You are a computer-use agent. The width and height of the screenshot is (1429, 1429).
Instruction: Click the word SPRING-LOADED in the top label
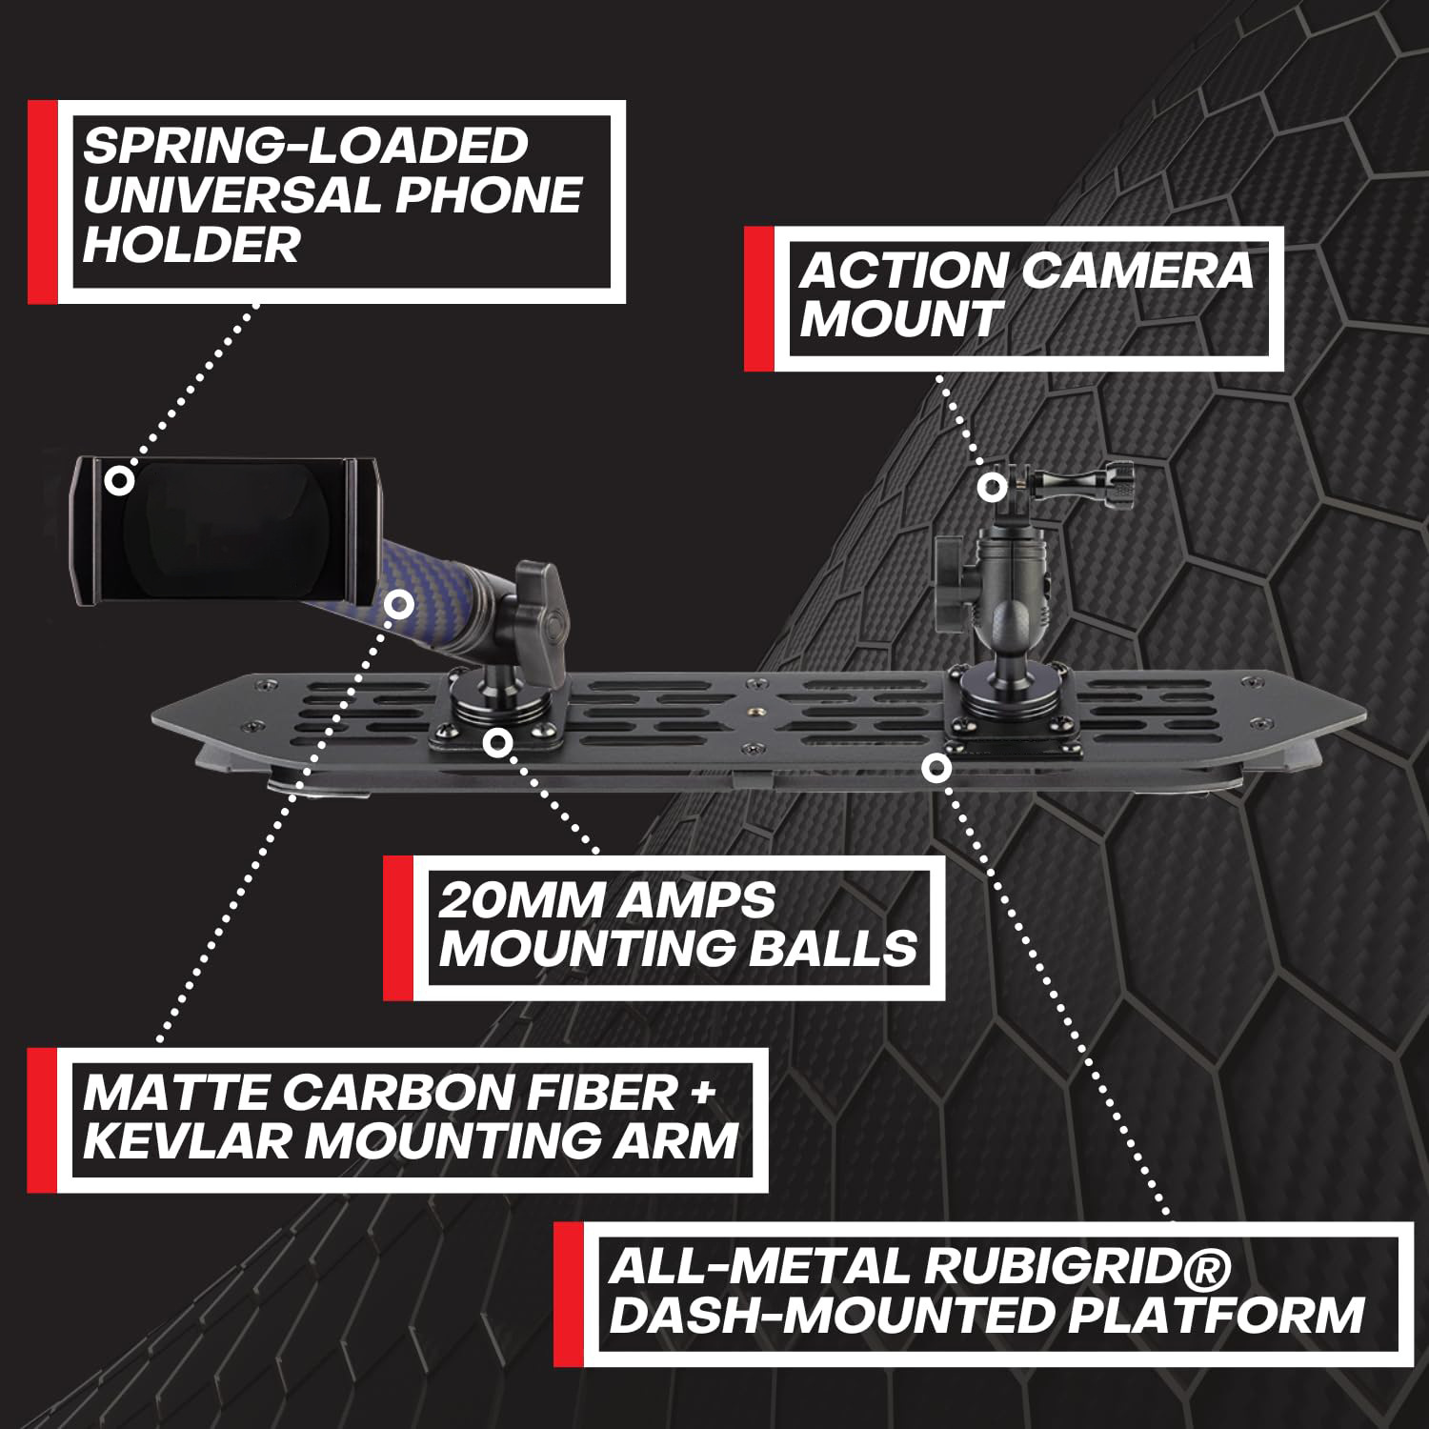coord(305,146)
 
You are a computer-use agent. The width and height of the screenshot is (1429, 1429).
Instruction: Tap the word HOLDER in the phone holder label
coord(191,244)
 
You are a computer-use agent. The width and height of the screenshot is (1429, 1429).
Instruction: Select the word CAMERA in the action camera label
coord(1138,271)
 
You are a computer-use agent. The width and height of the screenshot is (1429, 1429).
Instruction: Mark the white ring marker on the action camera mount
coord(992,487)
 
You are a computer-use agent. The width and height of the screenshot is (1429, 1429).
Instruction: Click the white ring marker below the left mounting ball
coord(493,741)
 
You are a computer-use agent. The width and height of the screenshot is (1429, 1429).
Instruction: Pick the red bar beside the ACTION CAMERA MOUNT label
coord(758,298)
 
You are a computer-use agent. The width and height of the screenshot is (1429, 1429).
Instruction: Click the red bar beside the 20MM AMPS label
coord(397,927)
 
